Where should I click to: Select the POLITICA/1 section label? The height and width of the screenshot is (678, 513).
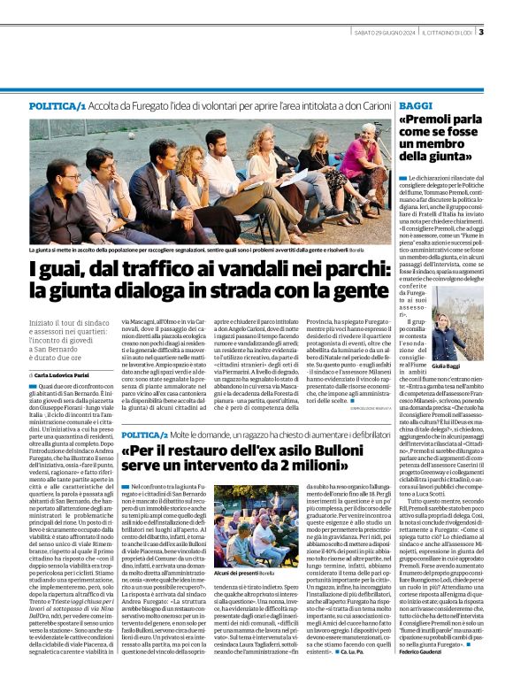coord(57,105)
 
